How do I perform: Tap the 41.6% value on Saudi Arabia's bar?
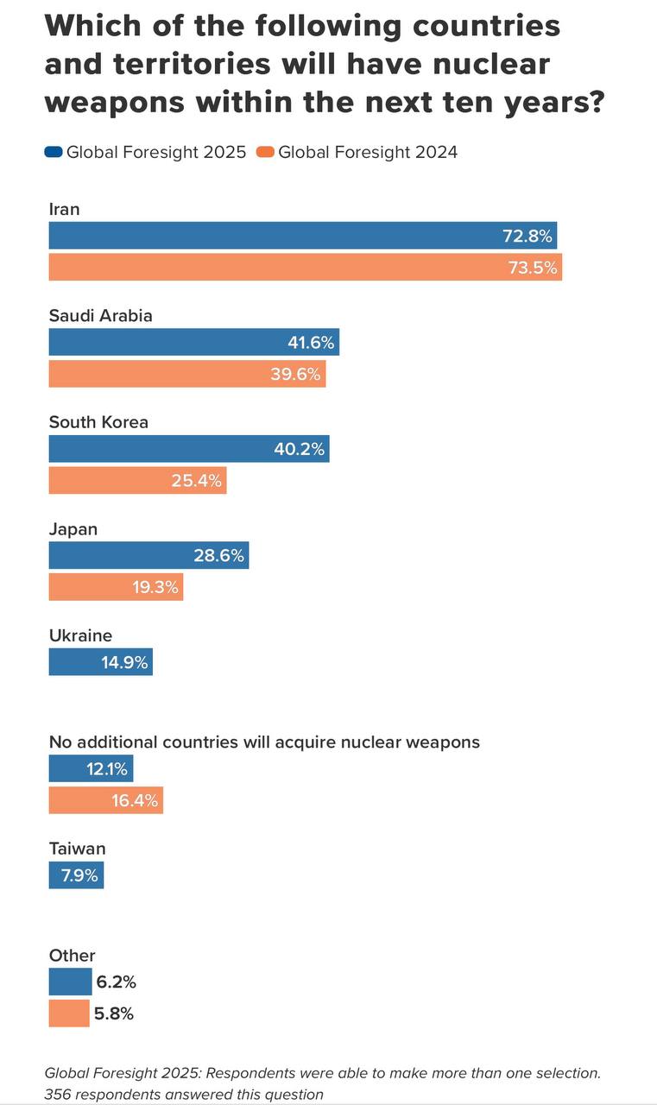coord(311,343)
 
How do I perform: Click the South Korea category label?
coord(98,422)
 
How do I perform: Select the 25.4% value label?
coord(197,481)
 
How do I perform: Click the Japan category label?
coord(73,529)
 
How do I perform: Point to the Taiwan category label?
coord(77,849)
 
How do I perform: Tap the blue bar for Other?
coord(70,982)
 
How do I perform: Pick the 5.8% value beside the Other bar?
coord(115,1014)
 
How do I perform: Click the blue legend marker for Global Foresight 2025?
coord(54,153)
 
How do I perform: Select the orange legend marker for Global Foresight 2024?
coord(266,153)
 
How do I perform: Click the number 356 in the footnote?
coord(58,1095)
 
